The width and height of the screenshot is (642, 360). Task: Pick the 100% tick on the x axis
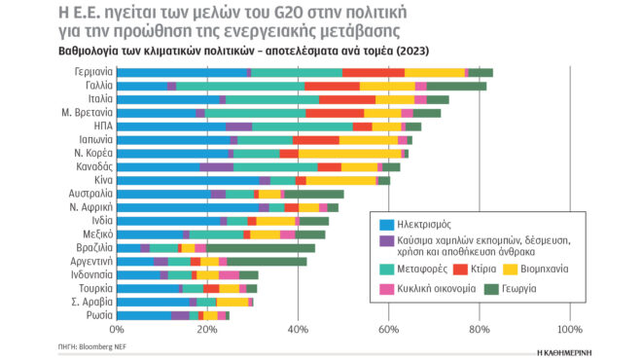[569, 331]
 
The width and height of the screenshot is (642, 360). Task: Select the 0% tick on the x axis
[118, 331]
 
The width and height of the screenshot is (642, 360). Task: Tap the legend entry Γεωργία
[543, 289]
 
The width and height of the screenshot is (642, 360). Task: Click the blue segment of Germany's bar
[182, 72]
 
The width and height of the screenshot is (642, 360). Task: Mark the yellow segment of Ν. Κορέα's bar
[349, 154]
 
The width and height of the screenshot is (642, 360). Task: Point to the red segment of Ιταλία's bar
[347, 99]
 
